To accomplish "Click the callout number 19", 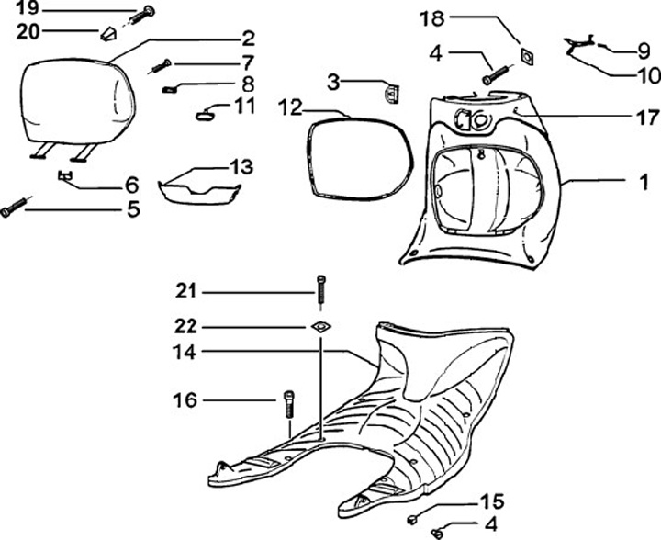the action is (28, 10).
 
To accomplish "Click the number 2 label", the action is (249, 39).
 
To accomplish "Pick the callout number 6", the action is (131, 184).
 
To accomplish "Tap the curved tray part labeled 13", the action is (199, 187).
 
